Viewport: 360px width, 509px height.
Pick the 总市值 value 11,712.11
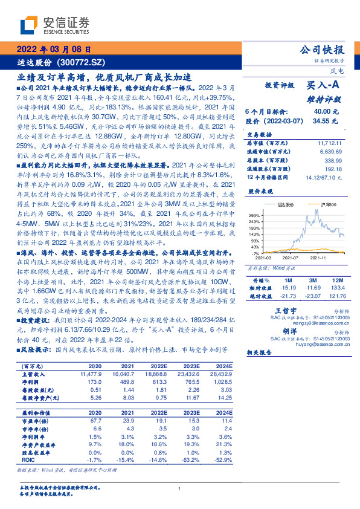[329, 143]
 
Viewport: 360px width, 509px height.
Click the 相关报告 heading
[262, 351]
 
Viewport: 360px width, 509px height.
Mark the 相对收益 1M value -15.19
[285, 288]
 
